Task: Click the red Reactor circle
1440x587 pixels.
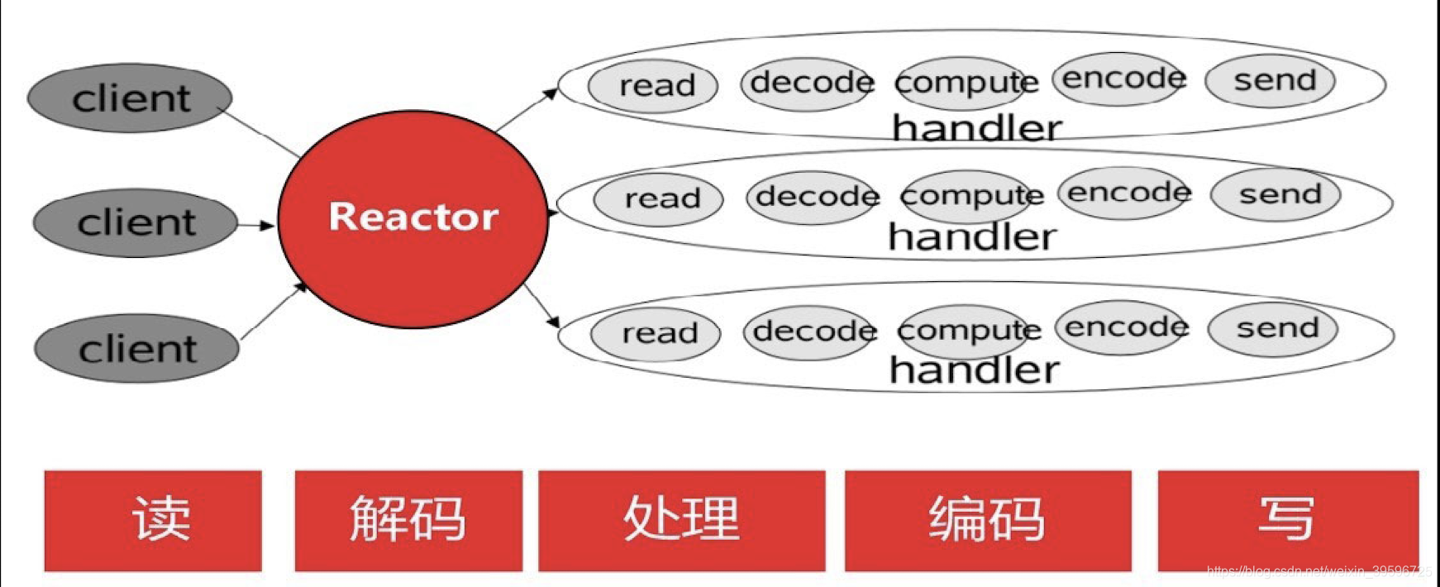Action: pyautogui.click(x=412, y=218)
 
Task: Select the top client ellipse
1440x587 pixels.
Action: pyautogui.click(x=130, y=98)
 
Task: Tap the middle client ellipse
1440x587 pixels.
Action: pyautogui.click(x=136, y=223)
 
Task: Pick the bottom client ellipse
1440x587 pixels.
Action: pyautogui.click(x=137, y=348)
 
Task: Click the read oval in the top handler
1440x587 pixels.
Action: pyautogui.click(x=653, y=85)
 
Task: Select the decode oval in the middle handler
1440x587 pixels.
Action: pyautogui.click(x=813, y=197)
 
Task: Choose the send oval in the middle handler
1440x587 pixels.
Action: pyautogui.click(x=1275, y=195)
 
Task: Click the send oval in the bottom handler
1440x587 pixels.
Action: pyautogui.click(x=1273, y=328)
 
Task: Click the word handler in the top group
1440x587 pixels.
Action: pyautogui.click(x=976, y=128)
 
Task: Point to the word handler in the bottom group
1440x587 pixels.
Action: pyautogui.click(x=974, y=370)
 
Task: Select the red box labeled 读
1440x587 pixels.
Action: pyautogui.click(x=154, y=521)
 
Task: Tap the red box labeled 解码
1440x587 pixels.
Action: pyautogui.click(x=408, y=521)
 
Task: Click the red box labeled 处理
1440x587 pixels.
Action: pyautogui.click(x=682, y=521)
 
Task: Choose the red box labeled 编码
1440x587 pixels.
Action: pyautogui.click(x=988, y=521)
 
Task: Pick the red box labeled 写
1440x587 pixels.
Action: pyautogui.click(x=1287, y=521)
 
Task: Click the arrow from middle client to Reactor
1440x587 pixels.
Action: pyautogui.click(x=255, y=225)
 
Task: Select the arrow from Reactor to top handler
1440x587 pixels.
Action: pyautogui.click(x=526, y=110)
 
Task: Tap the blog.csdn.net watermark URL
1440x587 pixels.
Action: pyautogui.click(x=1318, y=570)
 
